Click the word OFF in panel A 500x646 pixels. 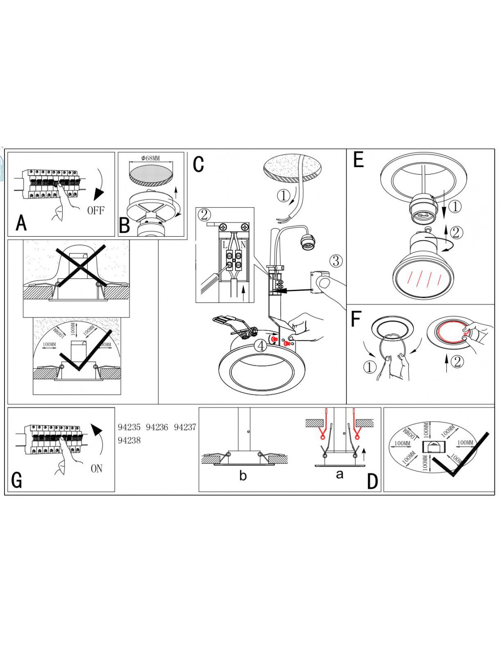(95, 210)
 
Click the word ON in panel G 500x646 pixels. (96, 468)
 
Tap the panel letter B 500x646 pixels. (124, 225)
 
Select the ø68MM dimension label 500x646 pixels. (150, 159)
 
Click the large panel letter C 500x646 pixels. (198, 164)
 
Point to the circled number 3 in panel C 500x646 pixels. (335, 261)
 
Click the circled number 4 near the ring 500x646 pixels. (260, 345)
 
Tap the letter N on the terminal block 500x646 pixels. (243, 245)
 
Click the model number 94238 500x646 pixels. (129, 440)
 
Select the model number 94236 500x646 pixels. (157, 427)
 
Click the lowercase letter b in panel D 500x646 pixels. (243, 476)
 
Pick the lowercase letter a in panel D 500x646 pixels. (339, 475)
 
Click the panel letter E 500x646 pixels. (358, 160)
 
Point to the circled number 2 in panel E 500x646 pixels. (456, 233)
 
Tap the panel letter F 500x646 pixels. (355, 319)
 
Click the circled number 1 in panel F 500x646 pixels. (370, 367)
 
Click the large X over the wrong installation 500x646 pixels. (81, 266)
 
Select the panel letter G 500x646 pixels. (16, 480)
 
